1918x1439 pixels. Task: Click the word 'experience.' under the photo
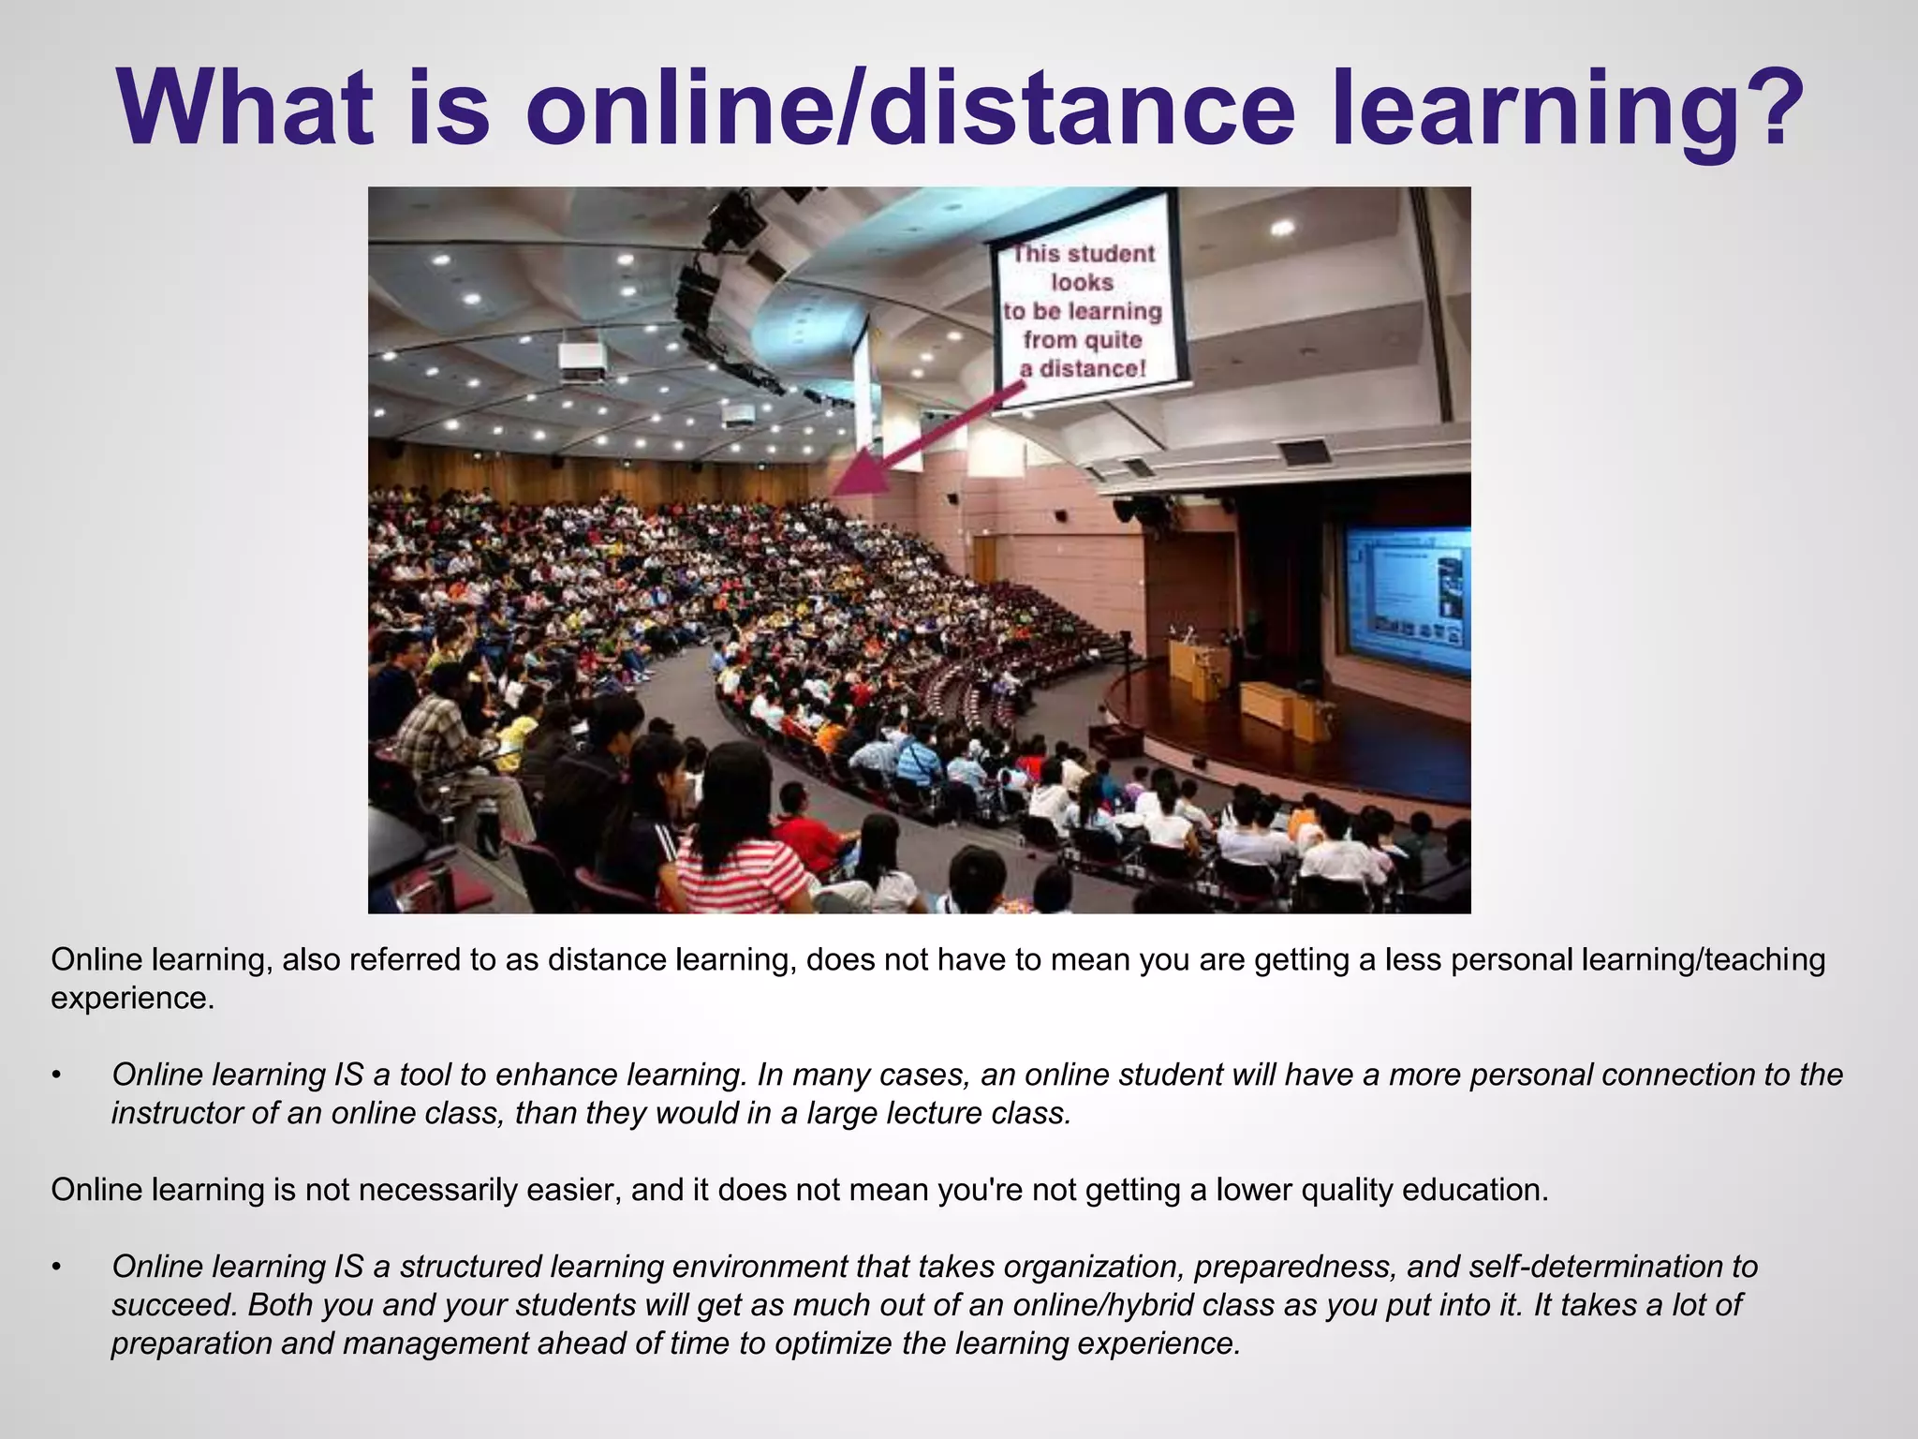(x=132, y=999)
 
